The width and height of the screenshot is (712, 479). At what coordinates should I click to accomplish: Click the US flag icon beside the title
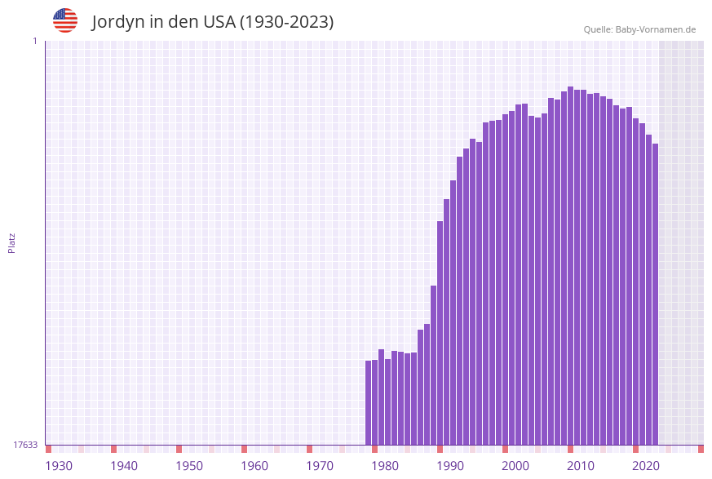click(x=65, y=20)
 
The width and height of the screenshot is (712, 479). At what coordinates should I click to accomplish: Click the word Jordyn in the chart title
click(x=117, y=22)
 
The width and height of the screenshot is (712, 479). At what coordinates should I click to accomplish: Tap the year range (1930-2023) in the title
click(x=286, y=22)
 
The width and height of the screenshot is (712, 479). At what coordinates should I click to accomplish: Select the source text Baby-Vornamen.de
click(x=655, y=29)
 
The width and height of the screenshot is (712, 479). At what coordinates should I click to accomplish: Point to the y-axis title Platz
click(x=12, y=242)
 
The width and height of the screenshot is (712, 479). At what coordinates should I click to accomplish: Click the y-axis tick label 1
click(x=34, y=41)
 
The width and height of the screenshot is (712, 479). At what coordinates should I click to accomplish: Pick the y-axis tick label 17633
click(x=25, y=445)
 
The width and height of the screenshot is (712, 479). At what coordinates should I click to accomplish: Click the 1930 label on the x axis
click(x=59, y=466)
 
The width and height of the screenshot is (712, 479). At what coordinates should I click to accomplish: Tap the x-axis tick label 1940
click(x=124, y=466)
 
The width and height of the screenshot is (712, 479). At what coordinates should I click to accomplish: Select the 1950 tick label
click(x=189, y=466)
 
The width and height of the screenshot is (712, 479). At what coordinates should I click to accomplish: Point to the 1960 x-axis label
click(x=254, y=466)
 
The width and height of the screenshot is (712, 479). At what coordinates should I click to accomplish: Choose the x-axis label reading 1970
click(x=320, y=466)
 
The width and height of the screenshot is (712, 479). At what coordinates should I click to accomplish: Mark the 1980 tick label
click(x=385, y=466)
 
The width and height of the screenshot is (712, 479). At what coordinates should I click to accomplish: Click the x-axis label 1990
click(x=450, y=466)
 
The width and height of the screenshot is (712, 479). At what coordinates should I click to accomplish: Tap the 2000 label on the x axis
click(x=515, y=466)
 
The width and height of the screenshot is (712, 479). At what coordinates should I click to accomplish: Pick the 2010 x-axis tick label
click(x=581, y=466)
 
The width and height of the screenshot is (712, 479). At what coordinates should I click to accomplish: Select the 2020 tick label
click(x=646, y=466)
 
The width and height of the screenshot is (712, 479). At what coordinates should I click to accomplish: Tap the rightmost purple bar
click(x=655, y=294)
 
